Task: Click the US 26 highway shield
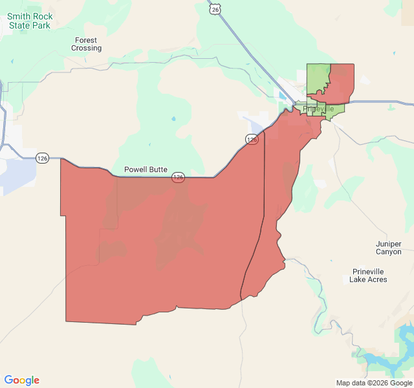pos(215,8)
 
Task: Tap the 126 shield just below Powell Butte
pos(179,177)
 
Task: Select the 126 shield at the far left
pos(43,158)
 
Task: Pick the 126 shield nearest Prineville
pos(252,139)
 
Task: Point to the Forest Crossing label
pos(87,44)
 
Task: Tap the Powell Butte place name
pos(146,169)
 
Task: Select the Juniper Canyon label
pos(388,248)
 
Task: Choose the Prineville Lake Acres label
pos(368,275)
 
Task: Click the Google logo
pos(21,380)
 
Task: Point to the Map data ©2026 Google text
pos(373,383)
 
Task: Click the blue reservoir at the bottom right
pos(404,336)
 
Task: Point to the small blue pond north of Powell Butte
pos(173,119)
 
